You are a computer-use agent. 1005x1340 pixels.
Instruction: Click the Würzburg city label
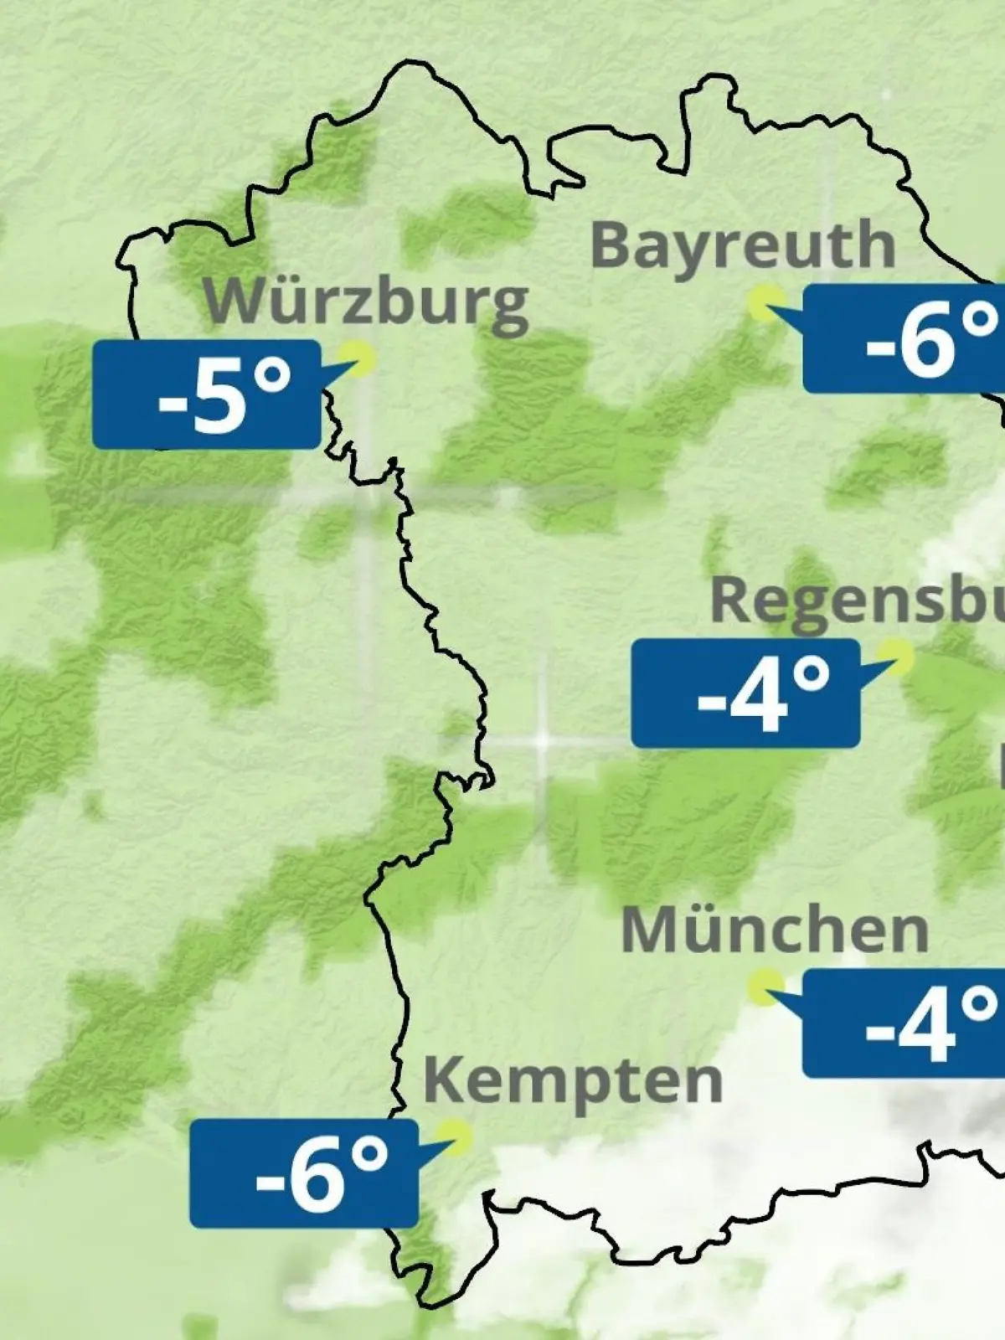tap(366, 301)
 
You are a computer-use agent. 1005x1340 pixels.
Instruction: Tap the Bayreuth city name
tap(743, 245)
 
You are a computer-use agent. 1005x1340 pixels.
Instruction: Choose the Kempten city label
tap(573, 1080)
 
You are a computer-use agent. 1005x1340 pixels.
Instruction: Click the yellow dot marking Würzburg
tap(362, 358)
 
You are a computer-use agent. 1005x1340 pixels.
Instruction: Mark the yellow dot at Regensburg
tap(896, 657)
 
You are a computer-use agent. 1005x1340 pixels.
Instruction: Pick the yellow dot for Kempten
tap(456, 1137)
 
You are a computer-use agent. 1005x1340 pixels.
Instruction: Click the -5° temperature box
tap(206, 394)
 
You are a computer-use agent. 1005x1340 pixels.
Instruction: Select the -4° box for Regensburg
tap(745, 693)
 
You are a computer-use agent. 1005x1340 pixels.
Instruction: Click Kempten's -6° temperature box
tap(303, 1173)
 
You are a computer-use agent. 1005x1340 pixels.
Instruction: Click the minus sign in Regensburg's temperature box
tap(710, 701)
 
